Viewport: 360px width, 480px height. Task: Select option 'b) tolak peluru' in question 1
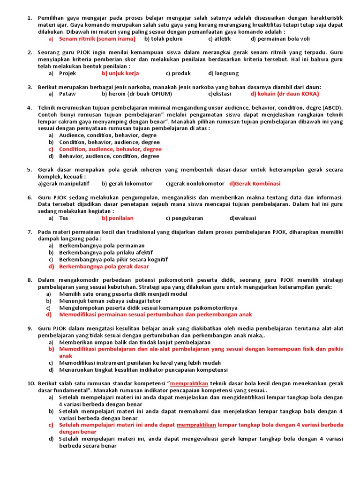click(x=164, y=39)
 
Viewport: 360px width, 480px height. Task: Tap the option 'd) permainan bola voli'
click(x=280, y=39)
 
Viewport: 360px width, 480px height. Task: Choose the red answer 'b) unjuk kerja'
click(x=120, y=73)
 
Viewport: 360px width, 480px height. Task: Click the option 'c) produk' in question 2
click(x=178, y=73)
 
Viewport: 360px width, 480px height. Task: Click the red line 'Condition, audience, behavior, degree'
click(x=110, y=149)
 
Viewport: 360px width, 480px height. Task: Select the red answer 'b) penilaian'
click(x=117, y=218)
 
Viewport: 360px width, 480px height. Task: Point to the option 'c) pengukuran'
click(x=184, y=218)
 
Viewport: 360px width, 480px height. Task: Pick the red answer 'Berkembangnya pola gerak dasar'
click(x=104, y=266)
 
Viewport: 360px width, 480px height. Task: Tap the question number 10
click(x=30, y=383)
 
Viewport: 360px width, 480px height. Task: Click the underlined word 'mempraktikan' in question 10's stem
click(x=189, y=383)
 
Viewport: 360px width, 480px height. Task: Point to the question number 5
click(x=29, y=170)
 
